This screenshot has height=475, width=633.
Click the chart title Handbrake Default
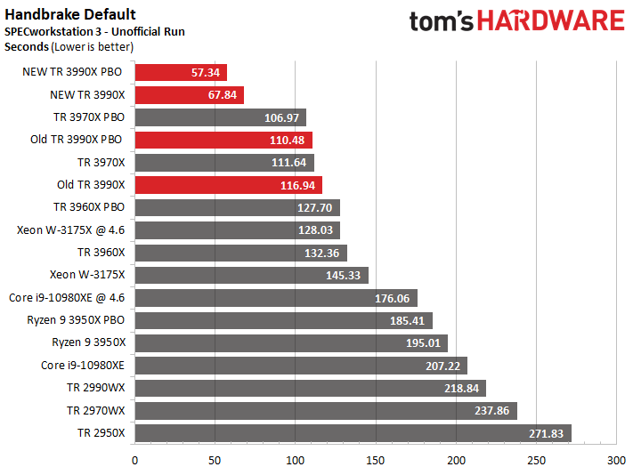coord(70,14)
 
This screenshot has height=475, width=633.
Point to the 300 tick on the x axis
coord(616,461)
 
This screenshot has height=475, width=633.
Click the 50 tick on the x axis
coord(215,461)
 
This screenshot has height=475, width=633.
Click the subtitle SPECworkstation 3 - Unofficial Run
coord(93,31)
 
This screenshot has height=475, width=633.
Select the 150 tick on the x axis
coord(376,461)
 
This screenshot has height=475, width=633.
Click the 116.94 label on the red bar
coord(299,185)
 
